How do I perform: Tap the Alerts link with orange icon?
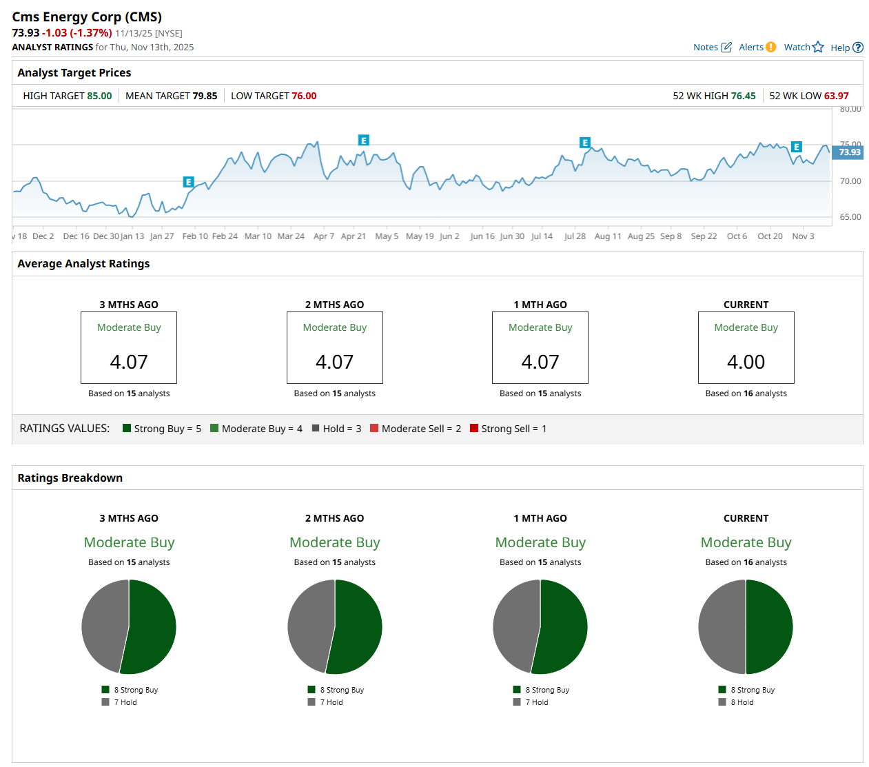point(757,48)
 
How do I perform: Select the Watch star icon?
point(818,47)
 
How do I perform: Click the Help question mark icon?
point(858,48)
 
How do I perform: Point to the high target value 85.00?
point(99,96)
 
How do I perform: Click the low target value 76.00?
point(304,96)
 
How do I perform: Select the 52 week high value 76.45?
point(743,96)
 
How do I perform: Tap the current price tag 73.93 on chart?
point(849,152)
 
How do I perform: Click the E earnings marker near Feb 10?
point(188,182)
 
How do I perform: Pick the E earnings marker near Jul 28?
point(585,143)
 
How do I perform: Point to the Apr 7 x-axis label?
point(324,236)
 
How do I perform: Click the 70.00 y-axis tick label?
point(850,181)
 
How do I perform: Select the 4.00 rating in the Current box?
point(746,362)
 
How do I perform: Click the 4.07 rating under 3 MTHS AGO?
point(129,362)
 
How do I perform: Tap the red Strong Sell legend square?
point(474,428)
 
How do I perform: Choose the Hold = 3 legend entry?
point(337,429)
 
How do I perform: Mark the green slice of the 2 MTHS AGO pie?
point(358,626)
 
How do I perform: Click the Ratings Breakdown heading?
point(70,478)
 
